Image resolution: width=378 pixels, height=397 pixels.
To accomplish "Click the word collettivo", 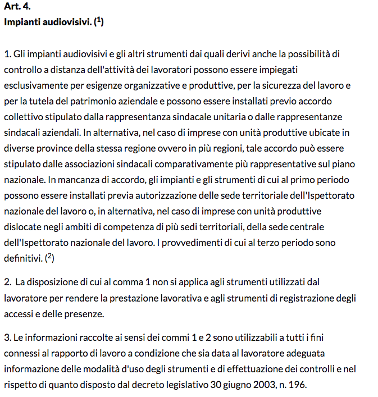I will [23, 117].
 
